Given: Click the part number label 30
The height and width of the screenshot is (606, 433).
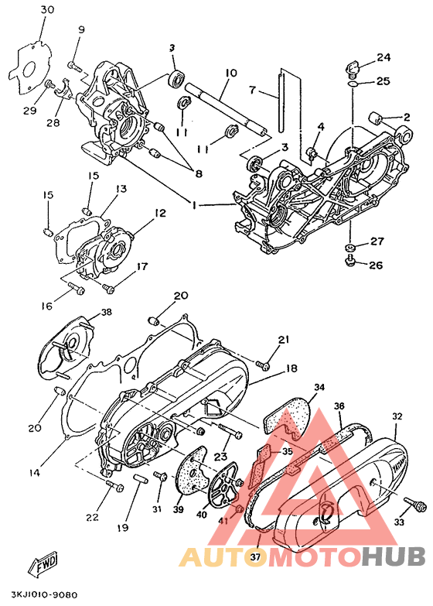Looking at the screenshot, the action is point(47,9).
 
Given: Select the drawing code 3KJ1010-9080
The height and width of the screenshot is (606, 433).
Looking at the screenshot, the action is point(44,594).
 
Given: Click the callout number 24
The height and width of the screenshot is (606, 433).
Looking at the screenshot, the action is point(384,57).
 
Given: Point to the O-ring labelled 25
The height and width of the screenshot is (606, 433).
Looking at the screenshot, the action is point(353,84).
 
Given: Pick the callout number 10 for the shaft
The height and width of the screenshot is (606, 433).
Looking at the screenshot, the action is point(230,73).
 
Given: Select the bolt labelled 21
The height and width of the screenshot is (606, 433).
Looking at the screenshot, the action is point(264,364).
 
